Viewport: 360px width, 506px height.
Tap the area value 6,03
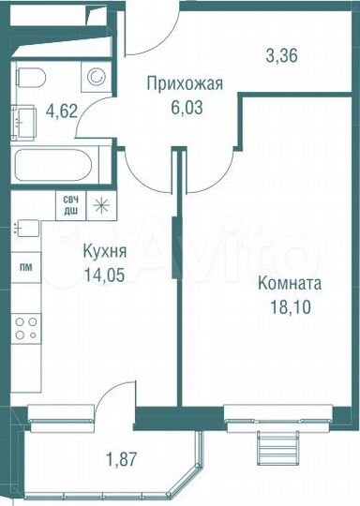click(x=185, y=107)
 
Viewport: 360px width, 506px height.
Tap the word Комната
click(x=291, y=282)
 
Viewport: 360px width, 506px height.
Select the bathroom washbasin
click(x=24, y=119)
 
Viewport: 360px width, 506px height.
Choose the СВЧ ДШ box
click(x=70, y=204)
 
